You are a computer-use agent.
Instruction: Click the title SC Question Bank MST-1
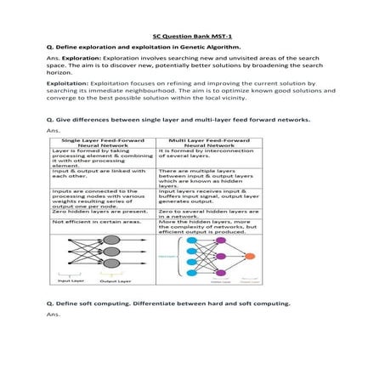pos(191,37)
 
